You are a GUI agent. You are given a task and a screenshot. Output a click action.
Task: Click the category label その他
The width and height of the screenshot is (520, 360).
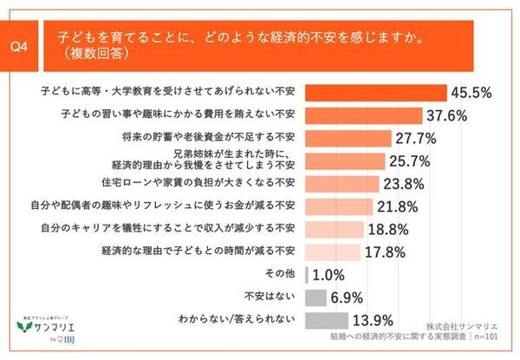point(285,275)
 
